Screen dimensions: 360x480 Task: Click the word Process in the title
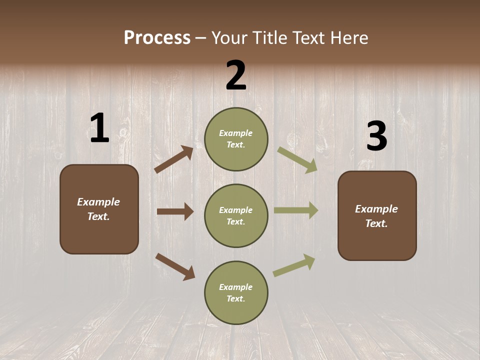[157, 37]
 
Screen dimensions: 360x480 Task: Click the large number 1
[99, 128]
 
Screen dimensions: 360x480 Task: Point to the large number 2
[236, 75]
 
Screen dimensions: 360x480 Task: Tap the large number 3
[376, 136]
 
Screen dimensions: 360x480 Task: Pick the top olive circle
[236, 139]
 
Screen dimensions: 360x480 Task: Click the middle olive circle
[236, 215]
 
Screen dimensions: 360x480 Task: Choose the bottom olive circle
[236, 292]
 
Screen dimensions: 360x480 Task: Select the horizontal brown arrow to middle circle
[175, 211]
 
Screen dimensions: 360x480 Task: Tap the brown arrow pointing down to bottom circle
[175, 266]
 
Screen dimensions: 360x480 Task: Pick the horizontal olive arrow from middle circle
[296, 210]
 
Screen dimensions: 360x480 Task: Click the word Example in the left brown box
[98, 202]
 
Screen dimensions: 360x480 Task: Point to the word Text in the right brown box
[376, 223]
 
